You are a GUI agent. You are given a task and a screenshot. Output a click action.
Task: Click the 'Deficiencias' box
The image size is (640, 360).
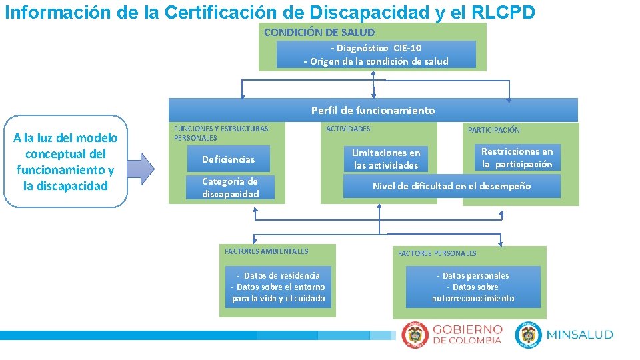228,159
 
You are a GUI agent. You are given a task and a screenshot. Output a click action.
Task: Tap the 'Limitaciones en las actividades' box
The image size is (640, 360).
386,159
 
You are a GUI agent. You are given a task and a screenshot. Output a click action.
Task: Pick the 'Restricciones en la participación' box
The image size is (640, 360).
517,158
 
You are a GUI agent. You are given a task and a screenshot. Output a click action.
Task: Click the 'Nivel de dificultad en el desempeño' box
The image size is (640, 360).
451,187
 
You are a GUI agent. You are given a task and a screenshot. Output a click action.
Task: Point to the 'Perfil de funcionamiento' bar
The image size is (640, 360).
373,111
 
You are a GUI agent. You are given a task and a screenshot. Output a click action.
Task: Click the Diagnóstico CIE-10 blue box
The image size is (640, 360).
376,55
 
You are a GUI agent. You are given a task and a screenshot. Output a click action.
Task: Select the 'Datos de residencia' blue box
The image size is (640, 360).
278,287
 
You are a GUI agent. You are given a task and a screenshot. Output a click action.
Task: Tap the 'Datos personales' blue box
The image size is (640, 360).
473,287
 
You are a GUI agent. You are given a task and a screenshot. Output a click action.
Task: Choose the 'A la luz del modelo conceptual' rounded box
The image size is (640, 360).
65,162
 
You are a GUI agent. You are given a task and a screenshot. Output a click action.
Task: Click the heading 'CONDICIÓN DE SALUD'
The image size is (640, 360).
319,32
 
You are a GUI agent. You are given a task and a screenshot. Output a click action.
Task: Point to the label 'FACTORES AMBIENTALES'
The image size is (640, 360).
266,251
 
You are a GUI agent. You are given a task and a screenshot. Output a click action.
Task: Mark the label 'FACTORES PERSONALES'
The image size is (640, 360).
437,253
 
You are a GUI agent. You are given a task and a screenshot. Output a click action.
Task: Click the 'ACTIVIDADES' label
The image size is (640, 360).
347,129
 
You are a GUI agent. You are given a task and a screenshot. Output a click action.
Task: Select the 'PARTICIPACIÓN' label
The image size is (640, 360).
493,130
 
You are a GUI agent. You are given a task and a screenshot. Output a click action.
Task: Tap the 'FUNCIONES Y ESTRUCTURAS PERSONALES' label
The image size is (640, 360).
221,133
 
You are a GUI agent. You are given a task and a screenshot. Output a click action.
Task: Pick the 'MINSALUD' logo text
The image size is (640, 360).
579,335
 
